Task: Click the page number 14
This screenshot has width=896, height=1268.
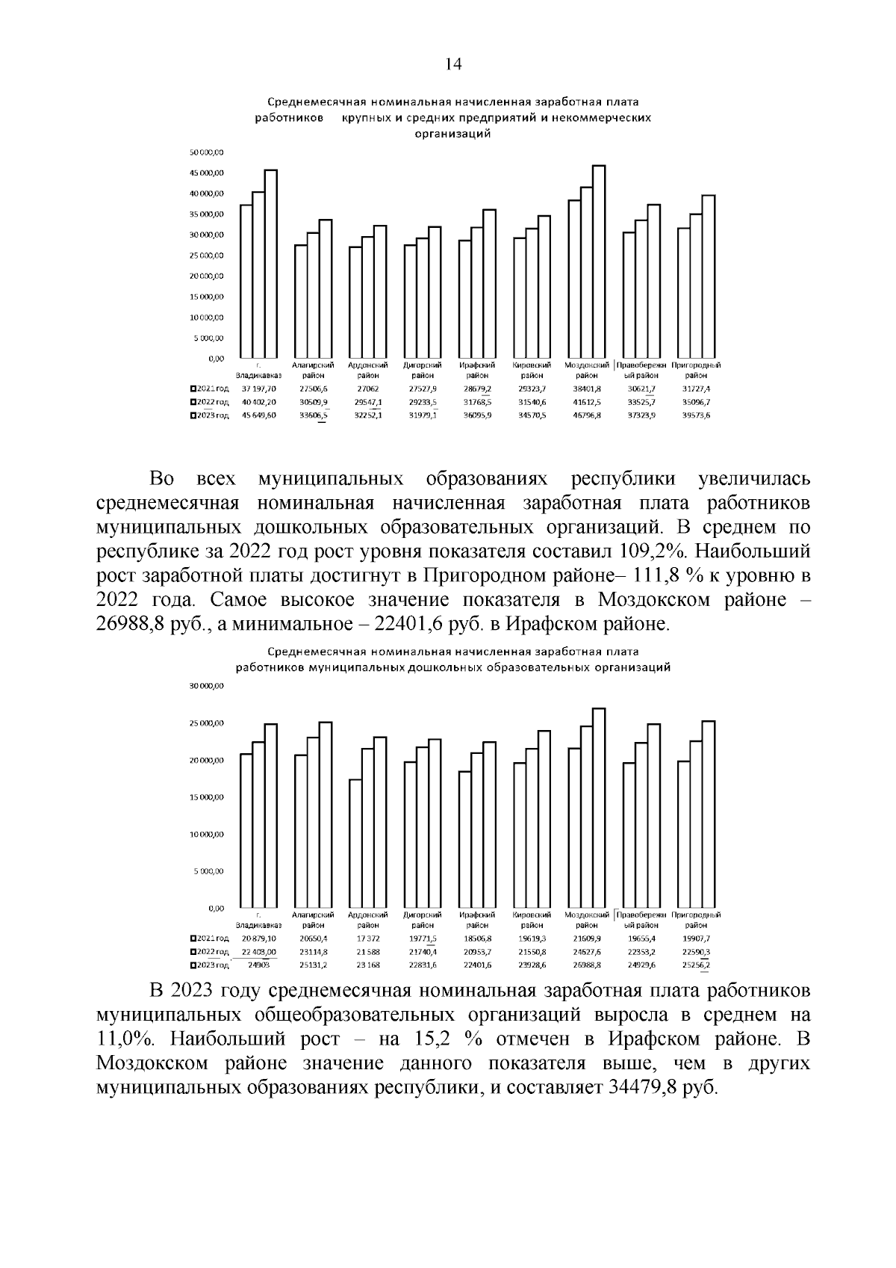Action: coord(453,64)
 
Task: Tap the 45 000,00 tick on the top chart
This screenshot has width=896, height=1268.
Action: coord(207,173)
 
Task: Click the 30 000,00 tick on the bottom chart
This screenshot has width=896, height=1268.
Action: coord(207,687)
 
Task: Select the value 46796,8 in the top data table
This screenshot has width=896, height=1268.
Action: coord(586,415)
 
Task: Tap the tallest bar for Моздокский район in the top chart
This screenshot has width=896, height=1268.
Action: coord(599,262)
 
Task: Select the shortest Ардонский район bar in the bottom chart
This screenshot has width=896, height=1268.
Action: coord(355,844)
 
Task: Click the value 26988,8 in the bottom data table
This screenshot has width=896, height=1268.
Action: coord(586,965)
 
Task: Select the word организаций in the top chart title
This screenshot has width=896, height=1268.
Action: coord(452,134)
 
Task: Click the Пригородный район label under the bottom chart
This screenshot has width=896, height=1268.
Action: coord(696,920)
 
